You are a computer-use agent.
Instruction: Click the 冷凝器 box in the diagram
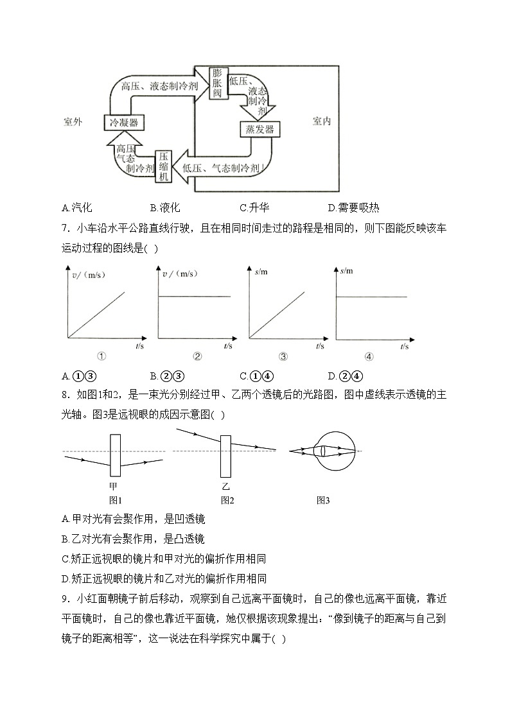pos(123,122)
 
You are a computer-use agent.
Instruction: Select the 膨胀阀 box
pos(216,83)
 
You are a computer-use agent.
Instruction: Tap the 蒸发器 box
pos(259,130)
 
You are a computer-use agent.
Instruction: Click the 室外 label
pos(73,121)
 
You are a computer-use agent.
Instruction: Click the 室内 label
pos(321,121)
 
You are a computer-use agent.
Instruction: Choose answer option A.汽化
pos(77,207)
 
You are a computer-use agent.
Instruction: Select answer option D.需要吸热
pos(353,207)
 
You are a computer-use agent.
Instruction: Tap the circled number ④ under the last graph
pos(369,357)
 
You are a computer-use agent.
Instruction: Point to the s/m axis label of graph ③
pos(261,272)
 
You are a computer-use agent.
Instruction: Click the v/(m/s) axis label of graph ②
pos(179,274)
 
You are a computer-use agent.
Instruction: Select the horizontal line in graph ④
pos(373,297)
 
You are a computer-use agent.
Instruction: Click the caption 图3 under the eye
pos(322,500)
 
